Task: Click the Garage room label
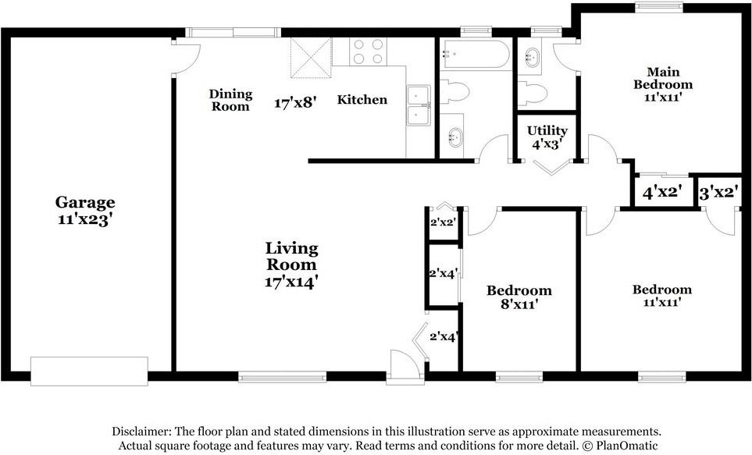[x=85, y=203]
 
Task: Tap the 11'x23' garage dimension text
[x=85, y=220]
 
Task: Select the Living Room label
[x=291, y=257]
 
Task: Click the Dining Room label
[x=230, y=100]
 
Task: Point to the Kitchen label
[x=362, y=99]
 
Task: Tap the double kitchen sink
[x=419, y=105]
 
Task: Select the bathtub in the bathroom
[x=476, y=54]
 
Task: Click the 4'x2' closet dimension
[x=662, y=193]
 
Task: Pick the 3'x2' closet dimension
[x=718, y=194]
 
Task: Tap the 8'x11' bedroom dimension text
[x=519, y=304]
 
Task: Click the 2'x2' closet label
[x=442, y=222]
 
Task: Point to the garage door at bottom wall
[x=89, y=371]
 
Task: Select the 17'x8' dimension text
[x=295, y=102]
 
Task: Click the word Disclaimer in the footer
[x=141, y=431]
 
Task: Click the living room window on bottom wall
[x=283, y=377]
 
